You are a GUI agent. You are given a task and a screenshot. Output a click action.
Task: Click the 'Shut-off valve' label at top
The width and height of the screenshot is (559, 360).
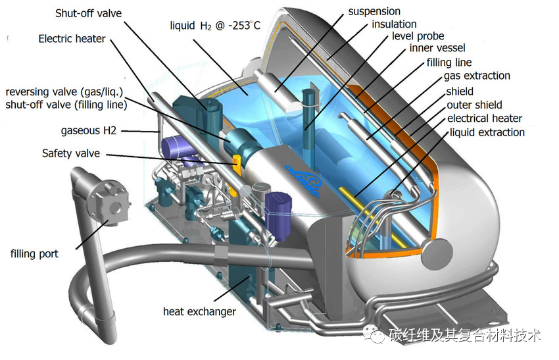pos(88,14)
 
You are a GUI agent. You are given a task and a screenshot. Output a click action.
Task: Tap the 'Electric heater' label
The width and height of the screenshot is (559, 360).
pos(72,39)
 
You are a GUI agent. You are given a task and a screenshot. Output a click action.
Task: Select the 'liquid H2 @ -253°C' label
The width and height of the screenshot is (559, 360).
pos(215,26)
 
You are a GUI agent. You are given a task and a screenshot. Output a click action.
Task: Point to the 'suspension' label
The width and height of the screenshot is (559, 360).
pos(374,11)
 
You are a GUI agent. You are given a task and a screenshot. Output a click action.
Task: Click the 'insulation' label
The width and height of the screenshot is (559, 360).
pos(394,24)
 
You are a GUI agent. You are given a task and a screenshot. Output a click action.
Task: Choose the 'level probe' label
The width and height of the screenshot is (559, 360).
pos(418,36)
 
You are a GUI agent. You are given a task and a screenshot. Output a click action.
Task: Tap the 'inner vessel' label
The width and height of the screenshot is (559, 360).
pos(437,48)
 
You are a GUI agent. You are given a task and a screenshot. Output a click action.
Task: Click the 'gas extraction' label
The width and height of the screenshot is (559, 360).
pos(477,76)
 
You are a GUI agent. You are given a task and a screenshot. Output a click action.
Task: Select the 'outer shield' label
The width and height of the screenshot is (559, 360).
pos(474,105)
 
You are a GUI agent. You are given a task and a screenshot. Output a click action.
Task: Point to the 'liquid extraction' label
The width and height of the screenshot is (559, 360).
pos(487,132)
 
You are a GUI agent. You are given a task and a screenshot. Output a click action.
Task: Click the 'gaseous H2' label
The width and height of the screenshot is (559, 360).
pos(88,130)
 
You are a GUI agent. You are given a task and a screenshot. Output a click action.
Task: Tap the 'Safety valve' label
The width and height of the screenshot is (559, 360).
pos(71,153)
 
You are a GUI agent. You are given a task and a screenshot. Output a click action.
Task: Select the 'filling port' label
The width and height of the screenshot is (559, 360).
pos(34,253)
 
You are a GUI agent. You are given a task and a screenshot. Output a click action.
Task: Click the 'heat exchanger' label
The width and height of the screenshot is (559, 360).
pos(199,311)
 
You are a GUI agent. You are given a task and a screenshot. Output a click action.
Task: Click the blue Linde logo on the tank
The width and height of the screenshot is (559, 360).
pos(303,180)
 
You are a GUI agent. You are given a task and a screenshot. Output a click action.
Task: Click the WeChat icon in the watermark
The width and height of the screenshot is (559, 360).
pos(374,334)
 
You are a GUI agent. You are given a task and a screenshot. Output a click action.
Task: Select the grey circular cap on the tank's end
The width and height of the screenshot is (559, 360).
pos(437,255)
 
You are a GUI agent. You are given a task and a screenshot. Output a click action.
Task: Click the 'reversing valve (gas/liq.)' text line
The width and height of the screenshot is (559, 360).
pos(64,92)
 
